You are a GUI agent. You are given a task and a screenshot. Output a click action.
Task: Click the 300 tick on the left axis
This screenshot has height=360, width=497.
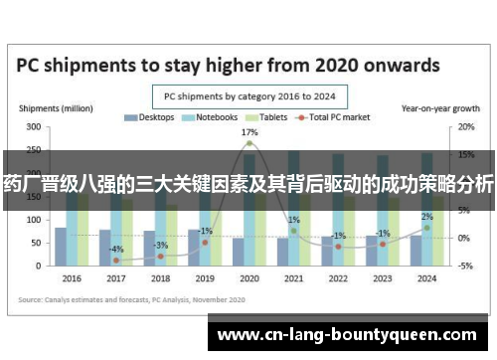click(x=34, y=127)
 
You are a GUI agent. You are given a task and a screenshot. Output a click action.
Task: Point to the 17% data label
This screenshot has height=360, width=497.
click(x=248, y=132)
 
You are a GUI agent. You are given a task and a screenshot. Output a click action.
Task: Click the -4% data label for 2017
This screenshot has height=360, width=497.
click(x=116, y=249)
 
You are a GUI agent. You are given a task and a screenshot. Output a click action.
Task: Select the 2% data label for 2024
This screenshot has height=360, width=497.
click(x=426, y=216)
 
